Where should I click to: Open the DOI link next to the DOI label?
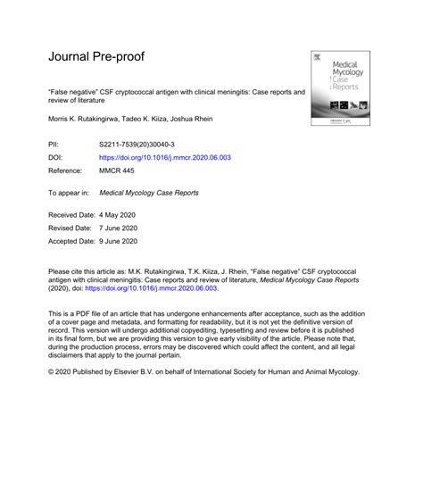[165, 156]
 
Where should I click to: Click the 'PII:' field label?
[54, 144]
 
